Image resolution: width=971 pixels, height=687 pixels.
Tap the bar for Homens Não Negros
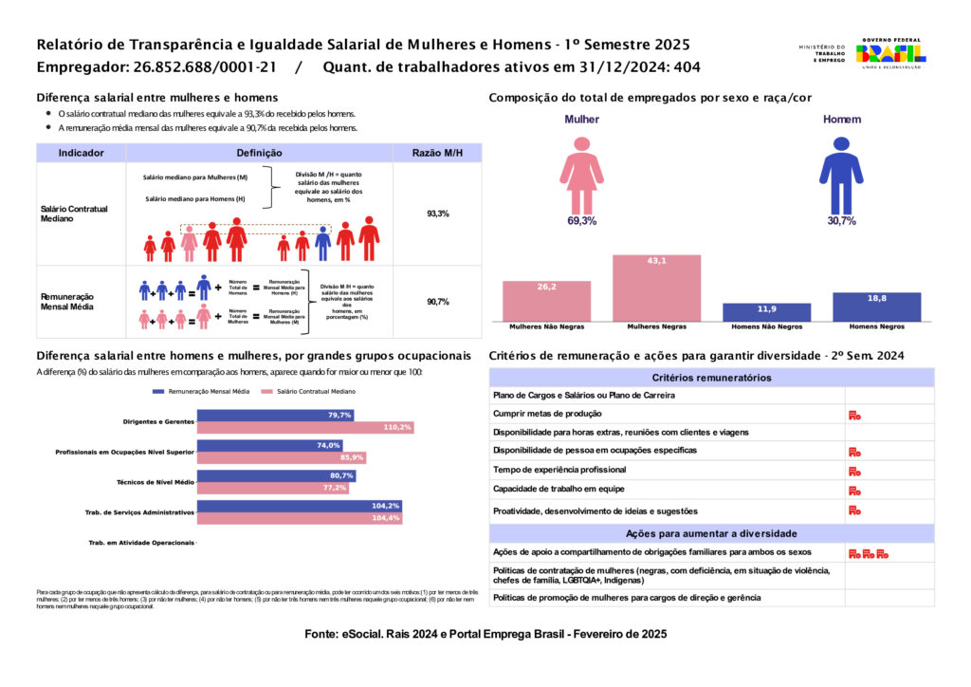[766, 312]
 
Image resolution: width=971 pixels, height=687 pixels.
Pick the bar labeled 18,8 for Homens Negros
[876, 306]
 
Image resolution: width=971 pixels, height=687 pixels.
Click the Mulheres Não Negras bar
[546, 301]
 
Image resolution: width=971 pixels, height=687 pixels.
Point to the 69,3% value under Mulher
[581, 221]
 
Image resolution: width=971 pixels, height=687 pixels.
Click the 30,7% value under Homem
[841, 221]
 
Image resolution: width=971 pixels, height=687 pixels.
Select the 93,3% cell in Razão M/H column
[437, 214]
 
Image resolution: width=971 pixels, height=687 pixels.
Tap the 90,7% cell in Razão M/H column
[437, 302]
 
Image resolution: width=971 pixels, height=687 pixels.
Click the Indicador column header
[81, 153]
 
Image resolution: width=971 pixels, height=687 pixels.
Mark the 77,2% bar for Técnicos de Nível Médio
[273, 488]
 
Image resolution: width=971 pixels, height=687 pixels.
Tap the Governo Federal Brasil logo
[890, 53]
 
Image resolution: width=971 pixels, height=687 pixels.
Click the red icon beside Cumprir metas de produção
[854, 415]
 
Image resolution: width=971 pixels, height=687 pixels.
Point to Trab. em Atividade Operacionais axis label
[140, 543]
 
